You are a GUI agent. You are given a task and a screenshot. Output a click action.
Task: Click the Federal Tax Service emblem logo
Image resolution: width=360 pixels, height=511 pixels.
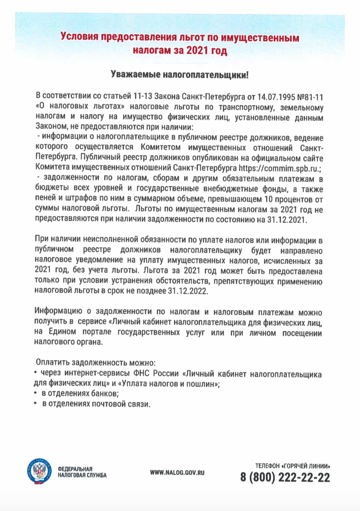pyautogui.click(x=39, y=472)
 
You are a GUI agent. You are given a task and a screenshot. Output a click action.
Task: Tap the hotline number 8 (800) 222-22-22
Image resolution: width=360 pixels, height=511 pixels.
pyautogui.click(x=285, y=478)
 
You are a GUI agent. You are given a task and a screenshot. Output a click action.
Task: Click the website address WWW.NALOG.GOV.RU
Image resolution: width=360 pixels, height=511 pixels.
pyautogui.click(x=177, y=473)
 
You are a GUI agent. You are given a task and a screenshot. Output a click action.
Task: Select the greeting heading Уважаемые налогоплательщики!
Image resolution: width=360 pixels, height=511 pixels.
pyautogui.click(x=180, y=75)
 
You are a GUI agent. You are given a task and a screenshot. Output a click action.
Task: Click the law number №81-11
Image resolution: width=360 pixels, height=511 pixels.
pyautogui.click(x=310, y=97)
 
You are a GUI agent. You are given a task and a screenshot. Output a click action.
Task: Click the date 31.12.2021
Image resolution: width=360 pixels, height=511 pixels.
pyautogui.click(x=287, y=219)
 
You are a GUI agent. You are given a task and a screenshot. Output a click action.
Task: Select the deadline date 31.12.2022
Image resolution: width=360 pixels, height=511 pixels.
pyautogui.click(x=187, y=291)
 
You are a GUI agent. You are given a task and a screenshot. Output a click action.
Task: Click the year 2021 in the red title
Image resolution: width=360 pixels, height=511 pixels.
pyautogui.click(x=197, y=50)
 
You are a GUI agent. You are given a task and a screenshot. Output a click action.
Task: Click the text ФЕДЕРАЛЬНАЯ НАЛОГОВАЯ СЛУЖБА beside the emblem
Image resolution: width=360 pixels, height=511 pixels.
pyautogui.click(x=82, y=472)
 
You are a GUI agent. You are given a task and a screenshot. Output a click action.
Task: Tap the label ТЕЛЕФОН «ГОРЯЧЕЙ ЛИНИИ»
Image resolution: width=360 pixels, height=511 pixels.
pyautogui.click(x=293, y=466)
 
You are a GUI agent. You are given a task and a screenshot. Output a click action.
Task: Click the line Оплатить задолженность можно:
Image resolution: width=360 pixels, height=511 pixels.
pyautogui.click(x=96, y=363)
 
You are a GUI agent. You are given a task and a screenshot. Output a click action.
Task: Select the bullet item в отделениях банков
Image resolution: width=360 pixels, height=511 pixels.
pyautogui.click(x=80, y=393)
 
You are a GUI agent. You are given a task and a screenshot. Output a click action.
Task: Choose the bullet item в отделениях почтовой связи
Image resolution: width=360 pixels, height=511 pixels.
pyautogui.click(x=96, y=404)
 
